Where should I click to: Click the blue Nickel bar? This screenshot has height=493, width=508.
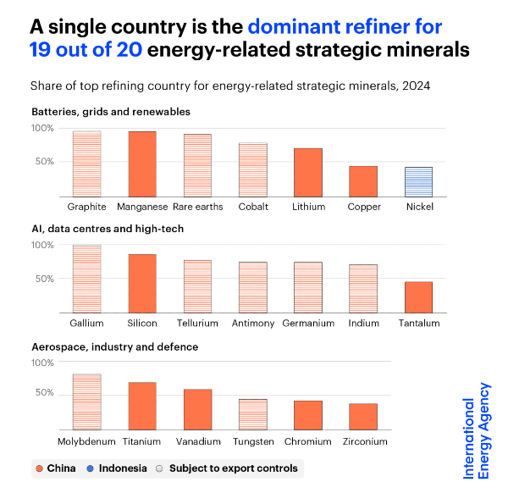coord(418,181)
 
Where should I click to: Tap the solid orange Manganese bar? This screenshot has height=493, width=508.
coord(142,163)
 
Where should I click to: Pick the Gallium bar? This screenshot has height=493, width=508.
coord(86,279)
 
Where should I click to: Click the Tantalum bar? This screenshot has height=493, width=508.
coord(418,296)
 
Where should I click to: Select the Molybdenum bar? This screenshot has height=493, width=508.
coord(86,402)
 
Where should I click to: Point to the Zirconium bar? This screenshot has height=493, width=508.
coord(363,416)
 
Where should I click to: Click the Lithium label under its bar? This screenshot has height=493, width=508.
coord(308,206)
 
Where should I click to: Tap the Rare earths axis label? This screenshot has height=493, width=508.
coord(197,206)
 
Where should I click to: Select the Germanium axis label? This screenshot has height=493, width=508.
coord(308,323)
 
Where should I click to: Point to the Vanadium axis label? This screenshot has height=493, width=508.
coord(197,441)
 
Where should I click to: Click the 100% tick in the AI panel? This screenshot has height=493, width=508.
coord(43,245)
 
